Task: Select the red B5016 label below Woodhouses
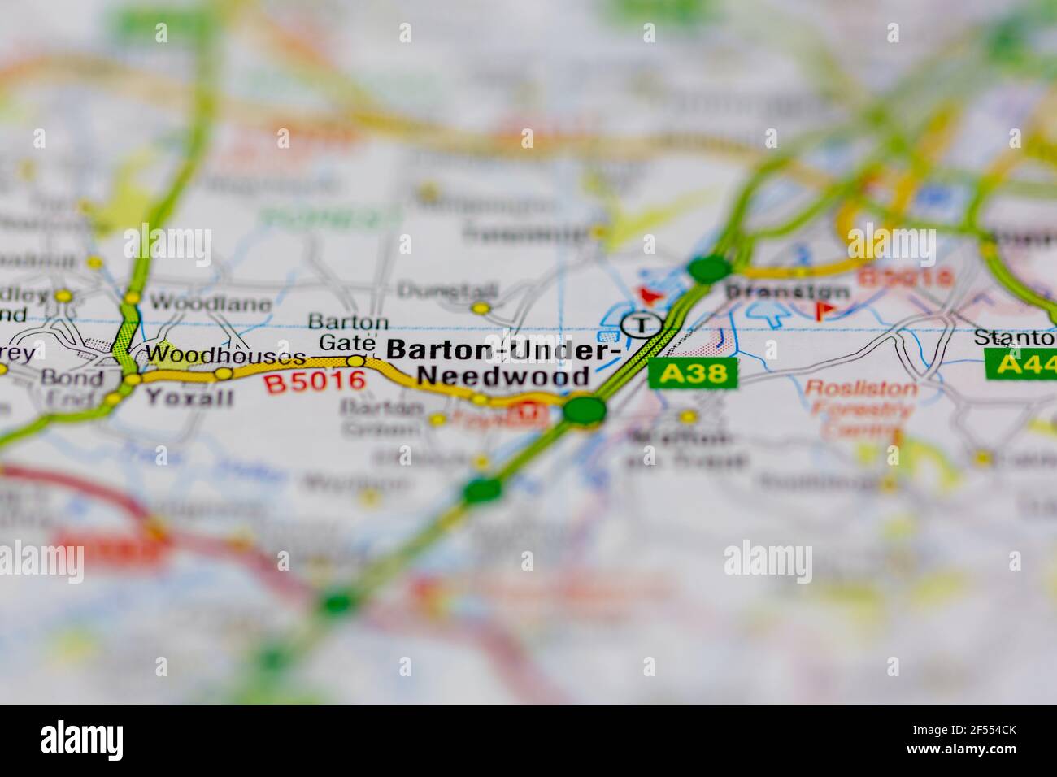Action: pyautogui.click(x=315, y=381)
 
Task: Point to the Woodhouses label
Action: pyautogui.click(x=225, y=354)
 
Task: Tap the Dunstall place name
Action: pyautogui.click(x=435, y=289)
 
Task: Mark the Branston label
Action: pyautogui.click(x=787, y=292)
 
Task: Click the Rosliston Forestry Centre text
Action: pyautogui.click(x=860, y=408)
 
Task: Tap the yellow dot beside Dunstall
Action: pyautogui.click(x=481, y=308)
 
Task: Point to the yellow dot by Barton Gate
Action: pyautogui.click(x=356, y=361)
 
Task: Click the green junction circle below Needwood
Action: pyautogui.click(x=585, y=409)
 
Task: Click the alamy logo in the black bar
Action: pyautogui.click(x=82, y=740)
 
